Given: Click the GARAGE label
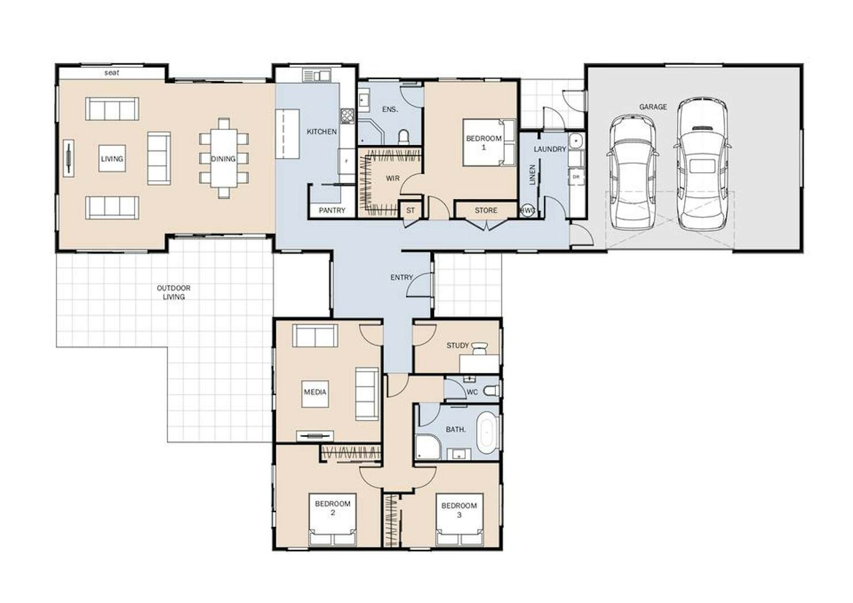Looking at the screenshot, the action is click(652, 107).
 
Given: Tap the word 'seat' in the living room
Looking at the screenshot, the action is click(112, 73).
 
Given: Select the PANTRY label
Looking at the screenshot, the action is click(332, 210).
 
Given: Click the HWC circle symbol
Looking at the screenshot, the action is click(528, 210).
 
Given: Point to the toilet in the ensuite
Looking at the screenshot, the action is click(403, 137).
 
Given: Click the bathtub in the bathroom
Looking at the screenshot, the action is click(487, 433).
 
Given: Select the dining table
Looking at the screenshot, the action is click(224, 158).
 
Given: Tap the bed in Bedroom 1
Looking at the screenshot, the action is click(489, 143).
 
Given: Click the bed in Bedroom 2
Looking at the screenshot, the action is click(333, 519).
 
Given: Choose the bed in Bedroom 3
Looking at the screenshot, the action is click(459, 519).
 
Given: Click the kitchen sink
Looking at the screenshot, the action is click(317, 75).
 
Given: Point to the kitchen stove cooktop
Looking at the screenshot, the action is click(347, 116).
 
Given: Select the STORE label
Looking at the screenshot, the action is click(486, 210).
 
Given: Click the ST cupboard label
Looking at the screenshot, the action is click(410, 210).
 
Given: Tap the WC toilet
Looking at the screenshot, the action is click(492, 390).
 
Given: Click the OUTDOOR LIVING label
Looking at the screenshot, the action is click(173, 293).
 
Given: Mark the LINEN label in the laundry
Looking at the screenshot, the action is click(533, 175).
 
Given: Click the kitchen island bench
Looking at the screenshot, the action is click(288, 134).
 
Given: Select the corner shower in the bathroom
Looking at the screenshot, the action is click(428, 447).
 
